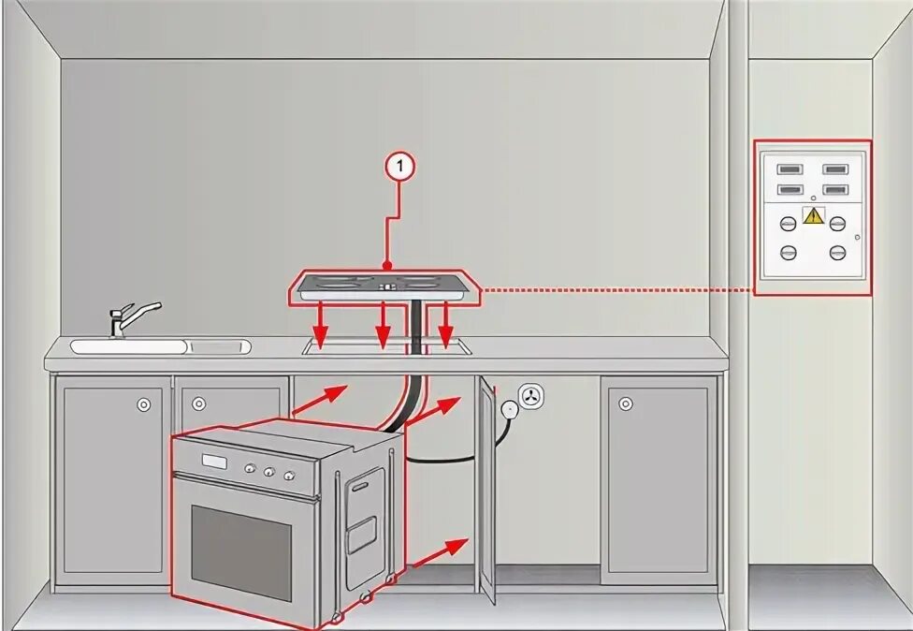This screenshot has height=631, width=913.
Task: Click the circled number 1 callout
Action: [x=399, y=168]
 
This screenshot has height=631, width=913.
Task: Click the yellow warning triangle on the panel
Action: [x=813, y=216]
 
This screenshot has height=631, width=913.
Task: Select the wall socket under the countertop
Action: [x=531, y=396]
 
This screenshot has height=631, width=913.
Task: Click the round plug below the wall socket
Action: [x=510, y=410]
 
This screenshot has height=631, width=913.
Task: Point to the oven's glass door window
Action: [x=241, y=552]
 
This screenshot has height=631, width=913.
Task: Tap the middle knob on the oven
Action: [x=268, y=472]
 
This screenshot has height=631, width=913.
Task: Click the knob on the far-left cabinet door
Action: [x=143, y=404]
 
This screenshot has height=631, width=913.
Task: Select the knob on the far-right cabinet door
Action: [x=626, y=404]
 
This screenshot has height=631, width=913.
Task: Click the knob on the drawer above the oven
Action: [x=198, y=404]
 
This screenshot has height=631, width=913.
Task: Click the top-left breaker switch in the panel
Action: [x=790, y=169]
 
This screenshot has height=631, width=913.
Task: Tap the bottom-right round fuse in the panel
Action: [x=837, y=252]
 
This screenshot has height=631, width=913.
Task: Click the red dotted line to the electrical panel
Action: [x=617, y=289]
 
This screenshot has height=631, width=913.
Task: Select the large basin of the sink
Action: [x=129, y=346]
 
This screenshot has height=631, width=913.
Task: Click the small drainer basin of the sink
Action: [x=220, y=347]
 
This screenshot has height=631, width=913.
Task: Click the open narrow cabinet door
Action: [x=486, y=490]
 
